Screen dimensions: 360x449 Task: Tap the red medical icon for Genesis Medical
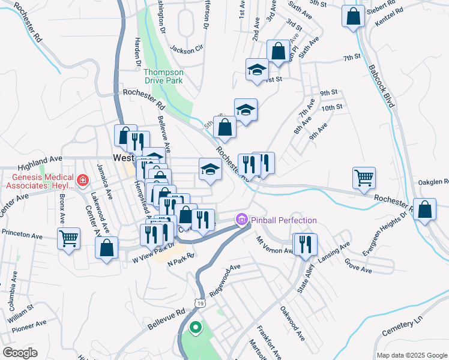83,180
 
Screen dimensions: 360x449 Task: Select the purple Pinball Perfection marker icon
242,220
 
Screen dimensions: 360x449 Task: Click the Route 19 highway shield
201,304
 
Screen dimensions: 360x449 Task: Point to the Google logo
19,353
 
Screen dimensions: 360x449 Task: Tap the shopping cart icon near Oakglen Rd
364,178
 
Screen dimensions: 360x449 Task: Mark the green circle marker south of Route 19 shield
195,328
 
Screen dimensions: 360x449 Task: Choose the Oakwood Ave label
292,323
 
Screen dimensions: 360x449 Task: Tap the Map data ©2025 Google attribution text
411,355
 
